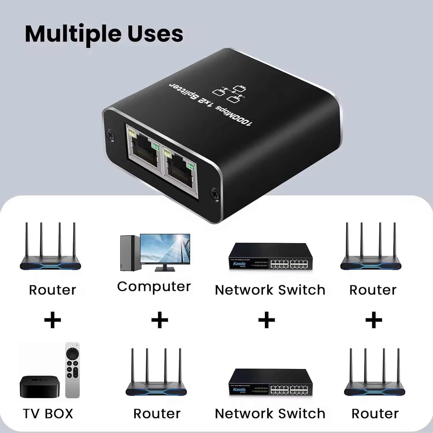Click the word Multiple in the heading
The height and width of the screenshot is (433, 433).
click(74, 34)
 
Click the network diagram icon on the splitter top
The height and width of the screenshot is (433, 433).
click(229, 93)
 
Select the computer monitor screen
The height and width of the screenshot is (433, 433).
click(165, 249)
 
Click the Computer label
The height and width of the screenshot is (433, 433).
click(154, 287)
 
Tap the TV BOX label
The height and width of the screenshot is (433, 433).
click(48, 414)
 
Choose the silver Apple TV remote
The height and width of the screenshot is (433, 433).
click(72, 370)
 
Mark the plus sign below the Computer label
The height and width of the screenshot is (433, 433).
click(160, 320)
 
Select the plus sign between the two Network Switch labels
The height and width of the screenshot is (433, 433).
click(266, 320)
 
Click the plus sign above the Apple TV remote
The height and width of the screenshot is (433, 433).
click(53, 320)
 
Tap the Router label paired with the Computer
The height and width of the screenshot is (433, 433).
click(157, 414)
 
